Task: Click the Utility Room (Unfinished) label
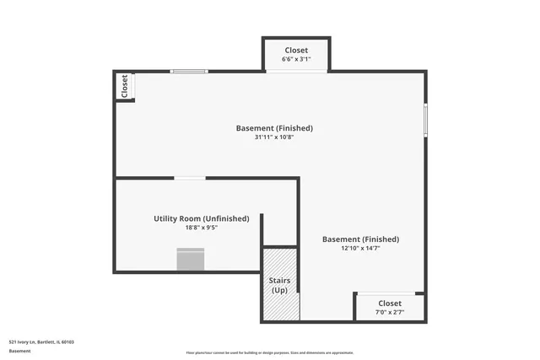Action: point(201,218)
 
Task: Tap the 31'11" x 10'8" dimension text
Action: point(274,137)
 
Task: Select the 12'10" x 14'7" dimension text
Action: point(360,248)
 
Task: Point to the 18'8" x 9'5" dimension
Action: point(201,227)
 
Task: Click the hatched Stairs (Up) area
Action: point(279,285)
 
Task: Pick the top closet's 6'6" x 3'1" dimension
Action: point(295,59)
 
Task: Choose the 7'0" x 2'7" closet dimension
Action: point(390,312)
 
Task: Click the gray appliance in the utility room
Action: point(191,259)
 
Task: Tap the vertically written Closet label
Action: point(125,87)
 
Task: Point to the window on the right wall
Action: point(425,119)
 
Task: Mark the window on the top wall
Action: point(189,72)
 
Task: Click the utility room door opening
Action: point(190,178)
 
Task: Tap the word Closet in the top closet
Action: point(296,50)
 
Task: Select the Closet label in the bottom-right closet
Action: point(390,303)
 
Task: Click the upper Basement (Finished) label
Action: point(274,128)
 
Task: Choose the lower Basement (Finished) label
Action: point(360,239)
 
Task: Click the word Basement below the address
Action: point(20,350)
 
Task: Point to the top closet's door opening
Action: point(296,72)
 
